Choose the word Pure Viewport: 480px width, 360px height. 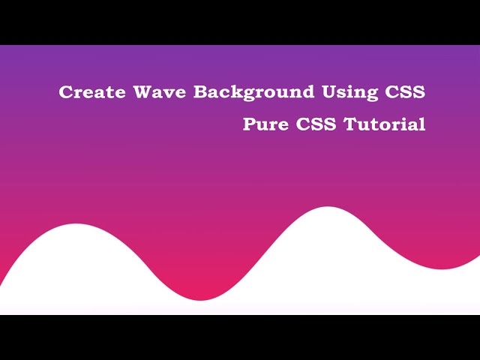[265, 124]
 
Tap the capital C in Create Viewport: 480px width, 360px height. [66, 92]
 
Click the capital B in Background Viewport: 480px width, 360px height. [200, 92]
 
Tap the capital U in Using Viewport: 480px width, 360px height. [328, 92]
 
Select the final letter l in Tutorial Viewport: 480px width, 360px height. [422, 124]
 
